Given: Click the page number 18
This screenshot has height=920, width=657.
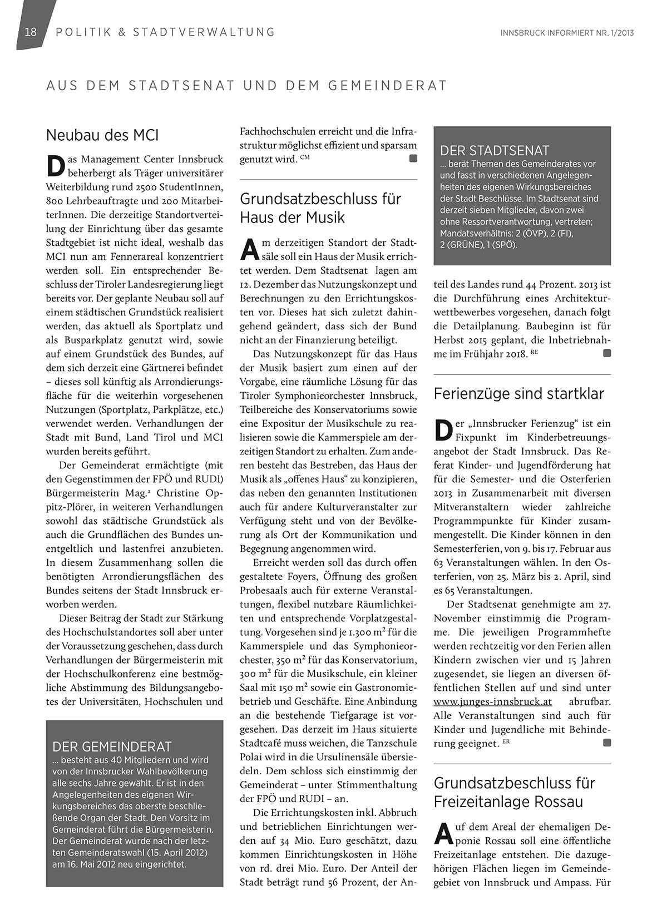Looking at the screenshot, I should [31, 32].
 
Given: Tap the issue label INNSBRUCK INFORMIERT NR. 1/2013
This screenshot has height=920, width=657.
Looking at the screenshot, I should [567, 32].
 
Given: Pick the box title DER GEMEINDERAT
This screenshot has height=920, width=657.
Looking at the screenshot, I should [112, 746].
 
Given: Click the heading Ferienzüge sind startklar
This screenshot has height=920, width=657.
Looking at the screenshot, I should [518, 394].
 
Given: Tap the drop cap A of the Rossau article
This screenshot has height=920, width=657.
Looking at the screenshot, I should [442, 834].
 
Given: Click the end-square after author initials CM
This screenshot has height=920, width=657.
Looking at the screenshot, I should [413, 159].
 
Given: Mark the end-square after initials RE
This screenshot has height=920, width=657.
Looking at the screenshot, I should [607, 353].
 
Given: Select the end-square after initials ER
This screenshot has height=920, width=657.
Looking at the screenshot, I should [607, 743].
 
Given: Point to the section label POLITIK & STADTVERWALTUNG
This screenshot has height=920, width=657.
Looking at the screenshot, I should [165, 32].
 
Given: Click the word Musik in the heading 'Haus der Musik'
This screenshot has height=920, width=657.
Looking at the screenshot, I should [325, 217].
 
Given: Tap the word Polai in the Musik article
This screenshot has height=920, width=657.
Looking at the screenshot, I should [252, 758].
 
